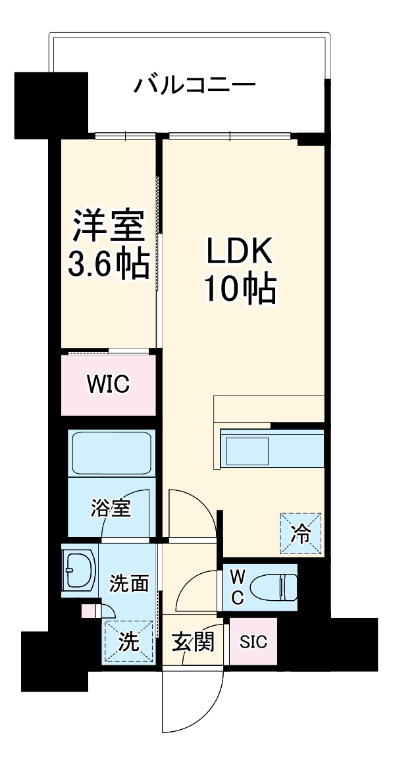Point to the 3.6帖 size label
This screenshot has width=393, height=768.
click(x=108, y=265)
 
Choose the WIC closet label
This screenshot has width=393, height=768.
click(x=109, y=384)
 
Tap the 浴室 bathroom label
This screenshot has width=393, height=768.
click(x=111, y=508)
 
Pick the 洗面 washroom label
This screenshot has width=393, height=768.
click(x=128, y=583)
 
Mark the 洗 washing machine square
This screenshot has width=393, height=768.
click(x=128, y=642)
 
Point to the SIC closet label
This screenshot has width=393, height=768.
click(x=253, y=642)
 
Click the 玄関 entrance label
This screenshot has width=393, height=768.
click(x=194, y=642)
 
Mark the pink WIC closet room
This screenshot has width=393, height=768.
click(x=109, y=395)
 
